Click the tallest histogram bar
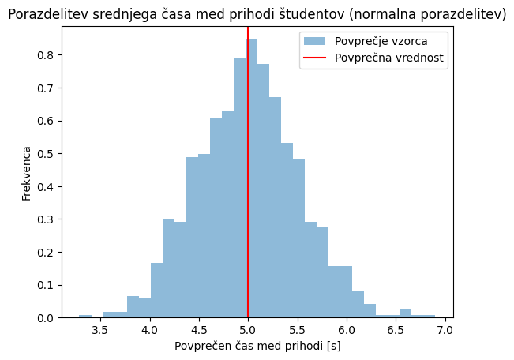[251, 178]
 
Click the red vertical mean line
[248, 172]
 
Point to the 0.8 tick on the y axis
[60, 55]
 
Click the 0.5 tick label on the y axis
[45, 154]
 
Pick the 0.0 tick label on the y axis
[45, 318]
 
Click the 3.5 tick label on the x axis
[100, 330]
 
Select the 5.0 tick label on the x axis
[248, 330]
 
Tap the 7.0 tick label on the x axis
[445, 330]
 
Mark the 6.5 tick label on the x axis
[396, 330]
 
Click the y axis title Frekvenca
[26, 174]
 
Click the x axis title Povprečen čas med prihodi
[257, 346]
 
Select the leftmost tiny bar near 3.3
[85, 317]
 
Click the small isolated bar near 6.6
[406, 313]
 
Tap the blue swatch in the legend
[314, 41]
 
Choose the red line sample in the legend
[314, 58]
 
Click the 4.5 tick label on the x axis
[199, 330]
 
